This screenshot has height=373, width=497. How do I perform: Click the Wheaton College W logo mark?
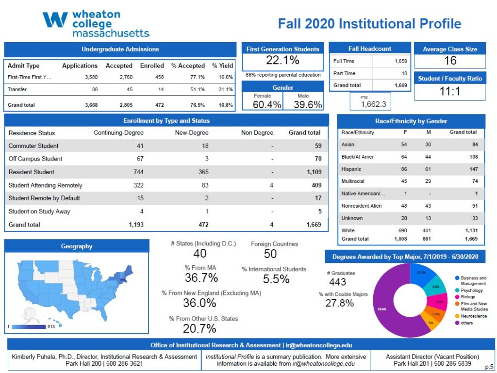[x=55, y=20]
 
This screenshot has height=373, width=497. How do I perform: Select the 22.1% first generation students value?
[x=282, y=61]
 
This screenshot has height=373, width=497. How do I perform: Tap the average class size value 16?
[x=450, y=61]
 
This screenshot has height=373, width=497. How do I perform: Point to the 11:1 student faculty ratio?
[x=450, y=91]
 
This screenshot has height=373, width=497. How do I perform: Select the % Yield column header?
[x=222, y=66]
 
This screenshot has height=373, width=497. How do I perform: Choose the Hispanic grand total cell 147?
[x=470, y=169]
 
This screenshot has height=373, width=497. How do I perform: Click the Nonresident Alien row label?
[x=362, y=206]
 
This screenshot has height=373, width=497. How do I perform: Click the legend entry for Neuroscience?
[x=474, y=316]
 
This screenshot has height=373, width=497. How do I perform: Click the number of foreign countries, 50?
[x=270, y=254]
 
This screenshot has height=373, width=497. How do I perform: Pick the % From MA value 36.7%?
[x=201, y=277]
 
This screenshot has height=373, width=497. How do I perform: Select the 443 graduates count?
[x=337, y=282]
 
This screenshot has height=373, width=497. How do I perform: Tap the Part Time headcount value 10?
[x=404, y=74]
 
